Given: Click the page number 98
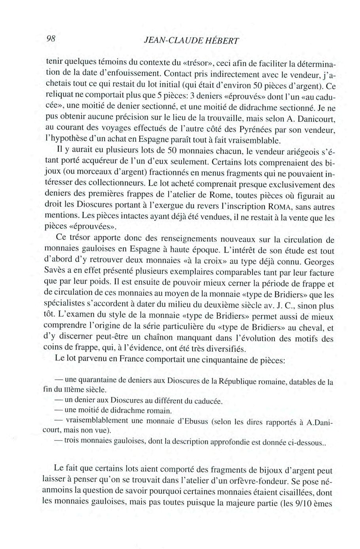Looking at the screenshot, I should (51, 38).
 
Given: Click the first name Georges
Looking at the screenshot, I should (318, 262).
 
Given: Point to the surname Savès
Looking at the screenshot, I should (56, 273).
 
